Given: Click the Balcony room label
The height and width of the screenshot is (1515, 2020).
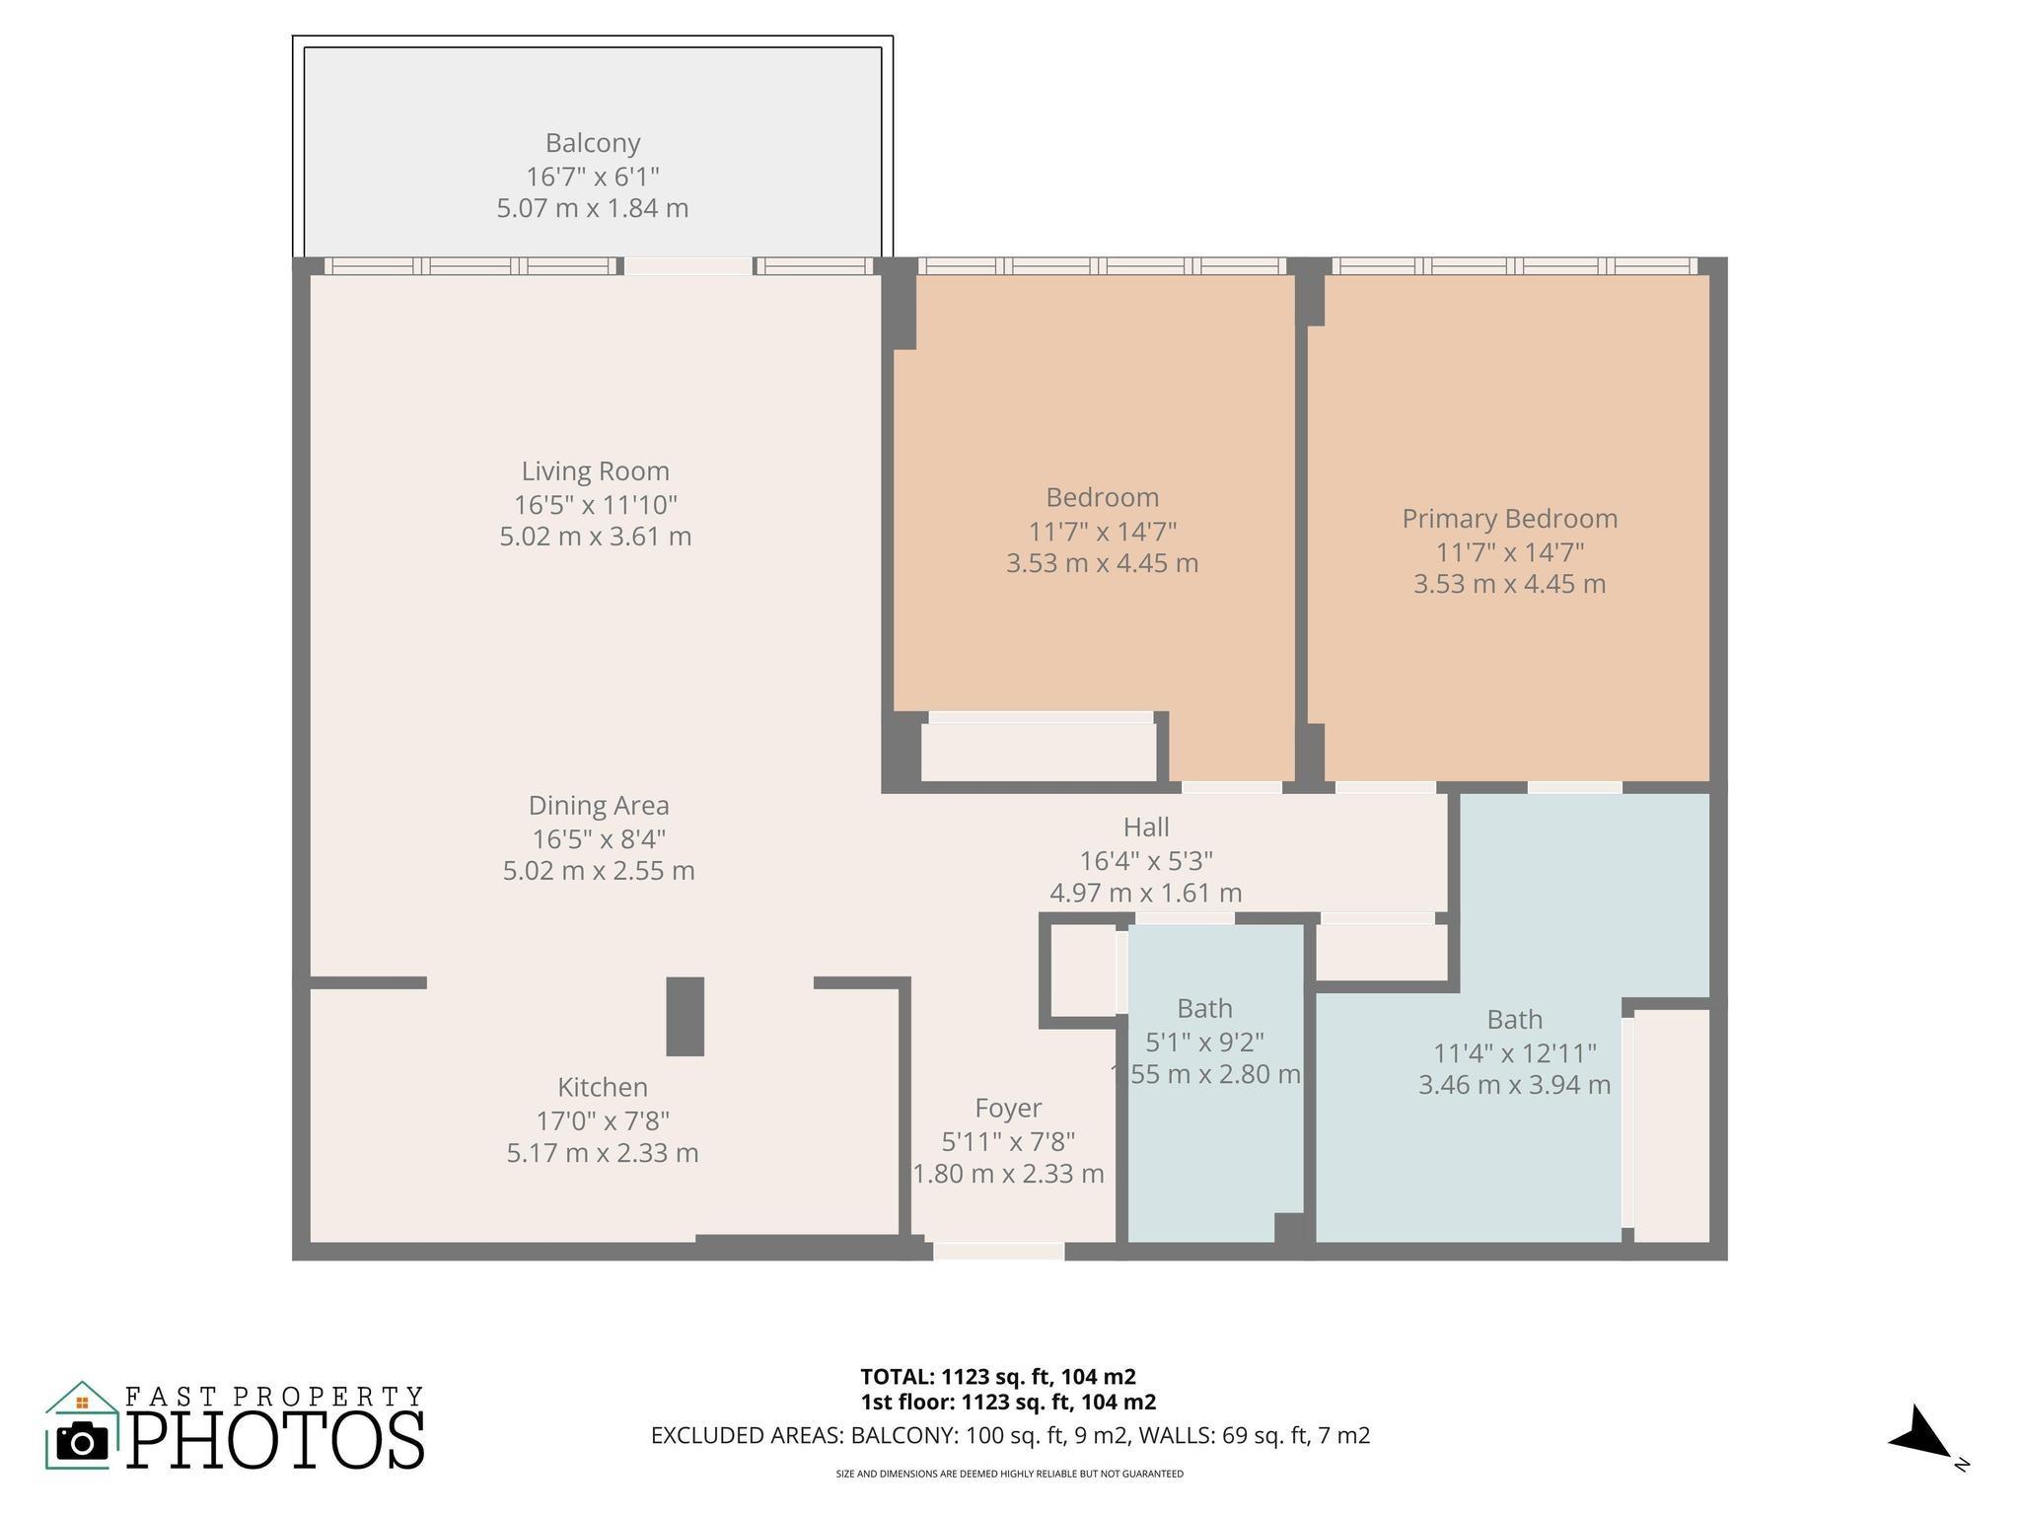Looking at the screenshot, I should pyautogui.click(x=593, y=144).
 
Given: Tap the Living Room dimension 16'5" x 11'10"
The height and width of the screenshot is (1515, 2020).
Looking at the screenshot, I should pyautogui.click(x=595, y=505).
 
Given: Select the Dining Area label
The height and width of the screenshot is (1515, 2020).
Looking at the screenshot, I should pyautogui.click(x=599, y=806).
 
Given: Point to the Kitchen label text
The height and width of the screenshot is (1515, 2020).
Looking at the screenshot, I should pyautogui.click(x=603, y=1088).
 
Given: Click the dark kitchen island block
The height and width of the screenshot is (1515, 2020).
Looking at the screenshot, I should pyautogui.click(x=685, y=1017).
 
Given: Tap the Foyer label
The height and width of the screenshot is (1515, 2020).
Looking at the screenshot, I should pyautogui.click(x=1008, y=1109).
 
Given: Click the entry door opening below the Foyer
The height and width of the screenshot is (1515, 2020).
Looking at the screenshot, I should pyautogui.click(x=998, y=1252).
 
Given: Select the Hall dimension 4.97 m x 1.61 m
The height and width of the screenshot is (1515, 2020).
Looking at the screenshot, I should pyautogui.click(x=1145, y=894).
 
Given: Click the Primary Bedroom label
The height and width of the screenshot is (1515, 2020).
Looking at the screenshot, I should pyautogui.click(x=1509, y=519).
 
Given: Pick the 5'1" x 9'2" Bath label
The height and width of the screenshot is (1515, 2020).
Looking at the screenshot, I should pyautogui.click(x=1204, y=1042).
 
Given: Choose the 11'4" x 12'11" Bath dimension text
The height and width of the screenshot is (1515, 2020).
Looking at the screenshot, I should pyautogui.click(x=1514, y=1053).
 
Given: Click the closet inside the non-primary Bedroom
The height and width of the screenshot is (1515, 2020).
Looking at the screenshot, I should pyautogui.click(x=1039, y=752).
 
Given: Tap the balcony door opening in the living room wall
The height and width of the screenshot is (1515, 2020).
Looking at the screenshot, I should pyautogui.click(x=688, y=266).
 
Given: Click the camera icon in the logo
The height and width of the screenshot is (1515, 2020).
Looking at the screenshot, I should pyautogui.click(x=82, y=1442).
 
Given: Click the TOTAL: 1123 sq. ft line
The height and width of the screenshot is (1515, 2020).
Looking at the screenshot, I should pyautogui.click(x=997, y=1377).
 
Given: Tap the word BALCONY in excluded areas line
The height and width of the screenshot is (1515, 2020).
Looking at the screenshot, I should pyautogui.click(x=902, y=1436).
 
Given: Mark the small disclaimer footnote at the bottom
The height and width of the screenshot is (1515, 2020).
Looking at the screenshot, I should pyautogui.click(x=1009, y=1475).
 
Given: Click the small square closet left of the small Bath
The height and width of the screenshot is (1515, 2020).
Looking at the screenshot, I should pyautogui.click(x=1082, y=971).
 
